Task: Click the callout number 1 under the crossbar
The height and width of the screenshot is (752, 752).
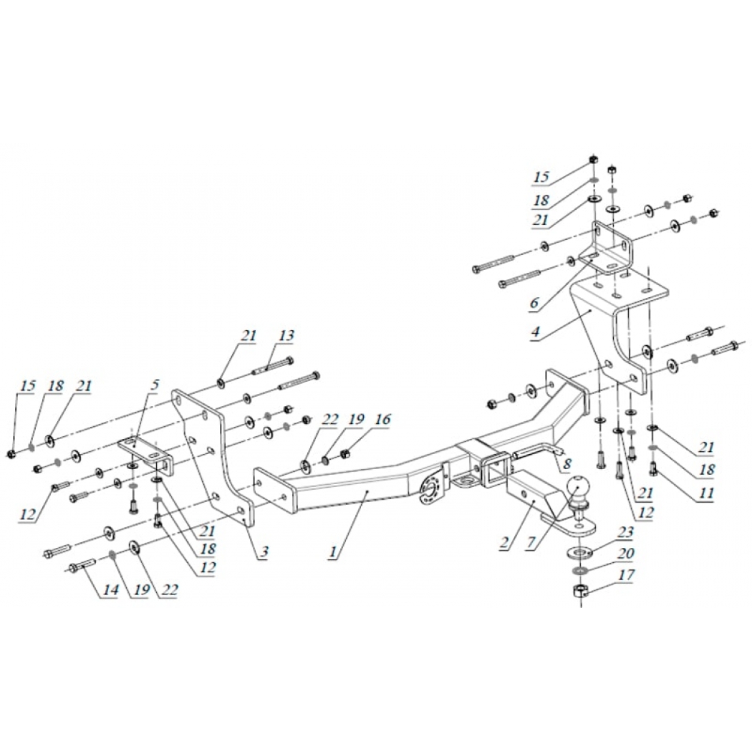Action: pos(333,552)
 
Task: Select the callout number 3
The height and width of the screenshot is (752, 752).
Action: pos(264,552)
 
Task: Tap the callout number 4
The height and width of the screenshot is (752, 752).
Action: pos(536,332)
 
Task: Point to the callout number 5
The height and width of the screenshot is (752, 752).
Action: pos(155,385)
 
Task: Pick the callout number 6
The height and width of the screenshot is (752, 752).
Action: pos(535,303)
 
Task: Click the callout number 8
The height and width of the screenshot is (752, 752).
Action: pos(568,464)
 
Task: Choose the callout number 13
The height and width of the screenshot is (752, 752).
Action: pos(286,335)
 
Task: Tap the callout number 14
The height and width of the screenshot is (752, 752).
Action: pos(110,589)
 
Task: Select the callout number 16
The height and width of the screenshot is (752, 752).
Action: pos(382,419)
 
